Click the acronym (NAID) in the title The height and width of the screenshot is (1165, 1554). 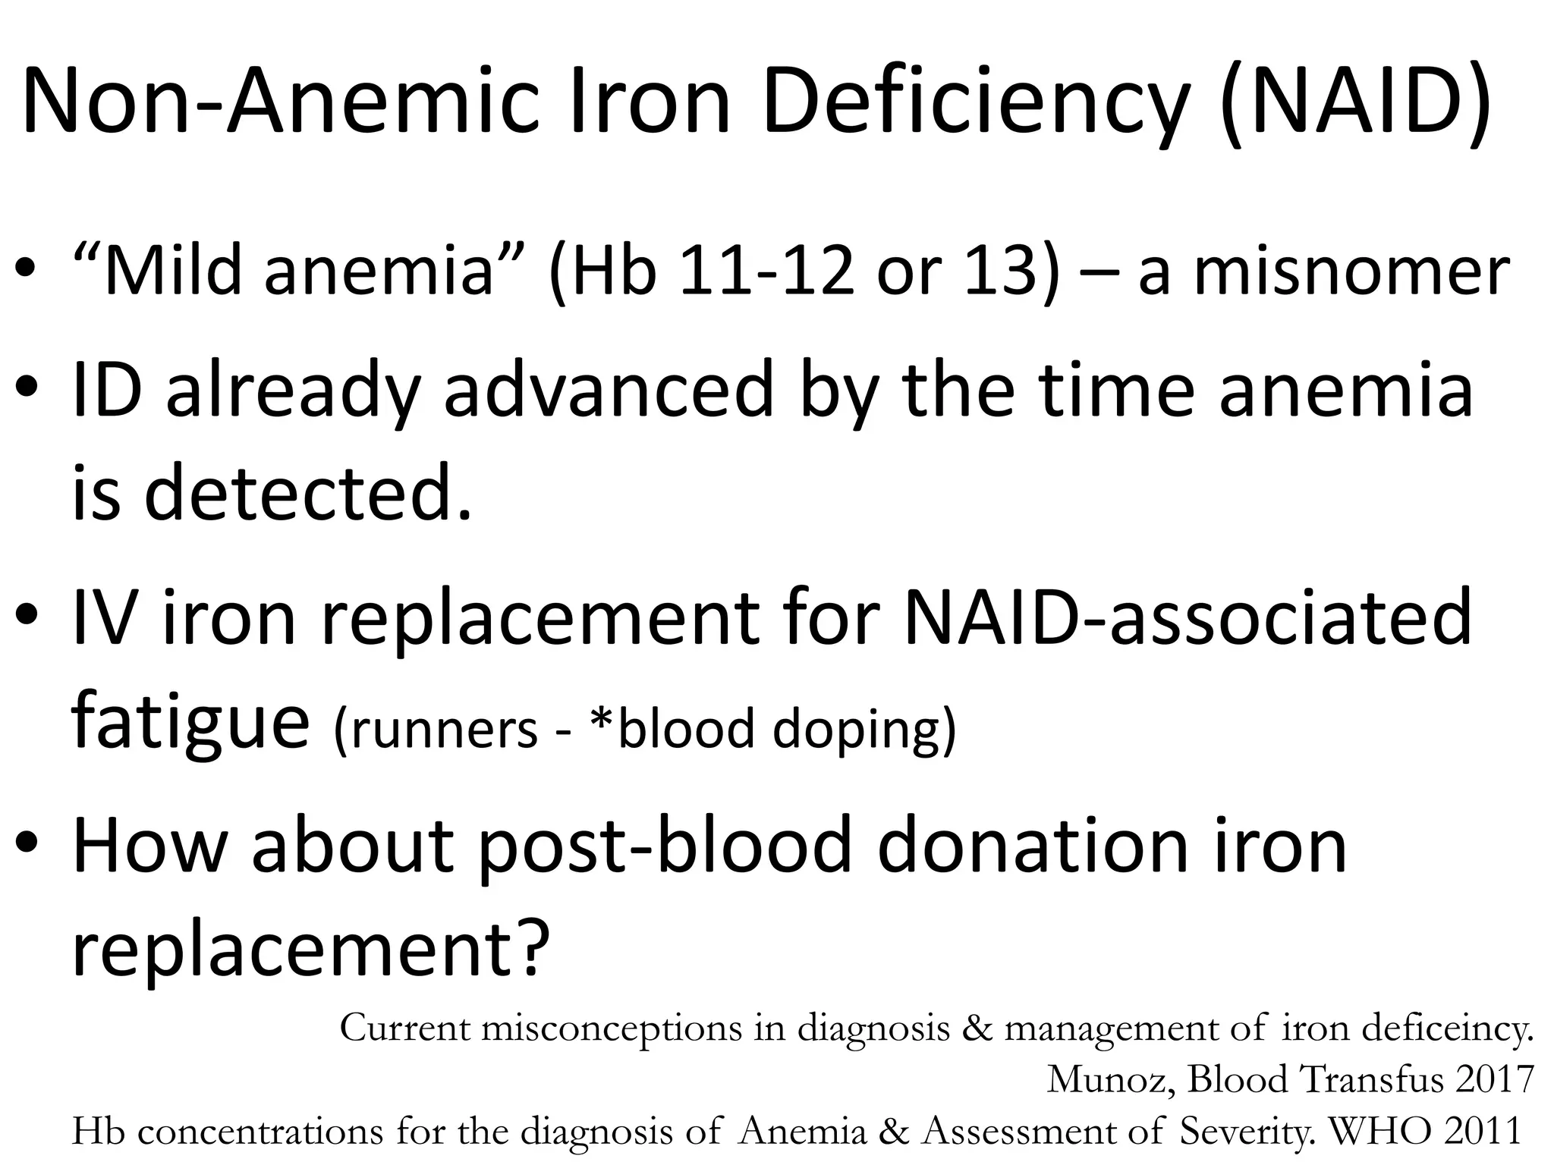click(1354, 102)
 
